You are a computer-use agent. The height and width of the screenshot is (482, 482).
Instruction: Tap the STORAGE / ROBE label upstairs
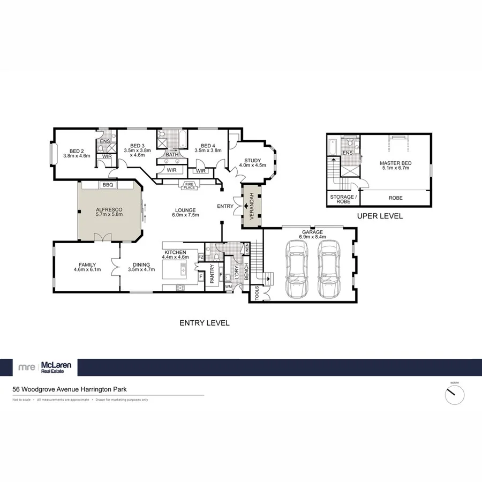[342, 200]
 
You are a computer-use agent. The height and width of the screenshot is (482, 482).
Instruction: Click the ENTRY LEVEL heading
[204, 323]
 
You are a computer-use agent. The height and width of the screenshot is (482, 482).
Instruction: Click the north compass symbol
[455, 395]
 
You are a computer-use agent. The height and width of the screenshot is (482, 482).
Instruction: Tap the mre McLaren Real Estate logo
[46, 367]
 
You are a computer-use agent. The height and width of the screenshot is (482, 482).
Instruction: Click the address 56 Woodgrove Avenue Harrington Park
[70, 390]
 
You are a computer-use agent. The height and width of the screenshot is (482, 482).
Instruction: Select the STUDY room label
[252, 160]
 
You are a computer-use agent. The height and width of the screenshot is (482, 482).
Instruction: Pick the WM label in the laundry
[229, 287]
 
